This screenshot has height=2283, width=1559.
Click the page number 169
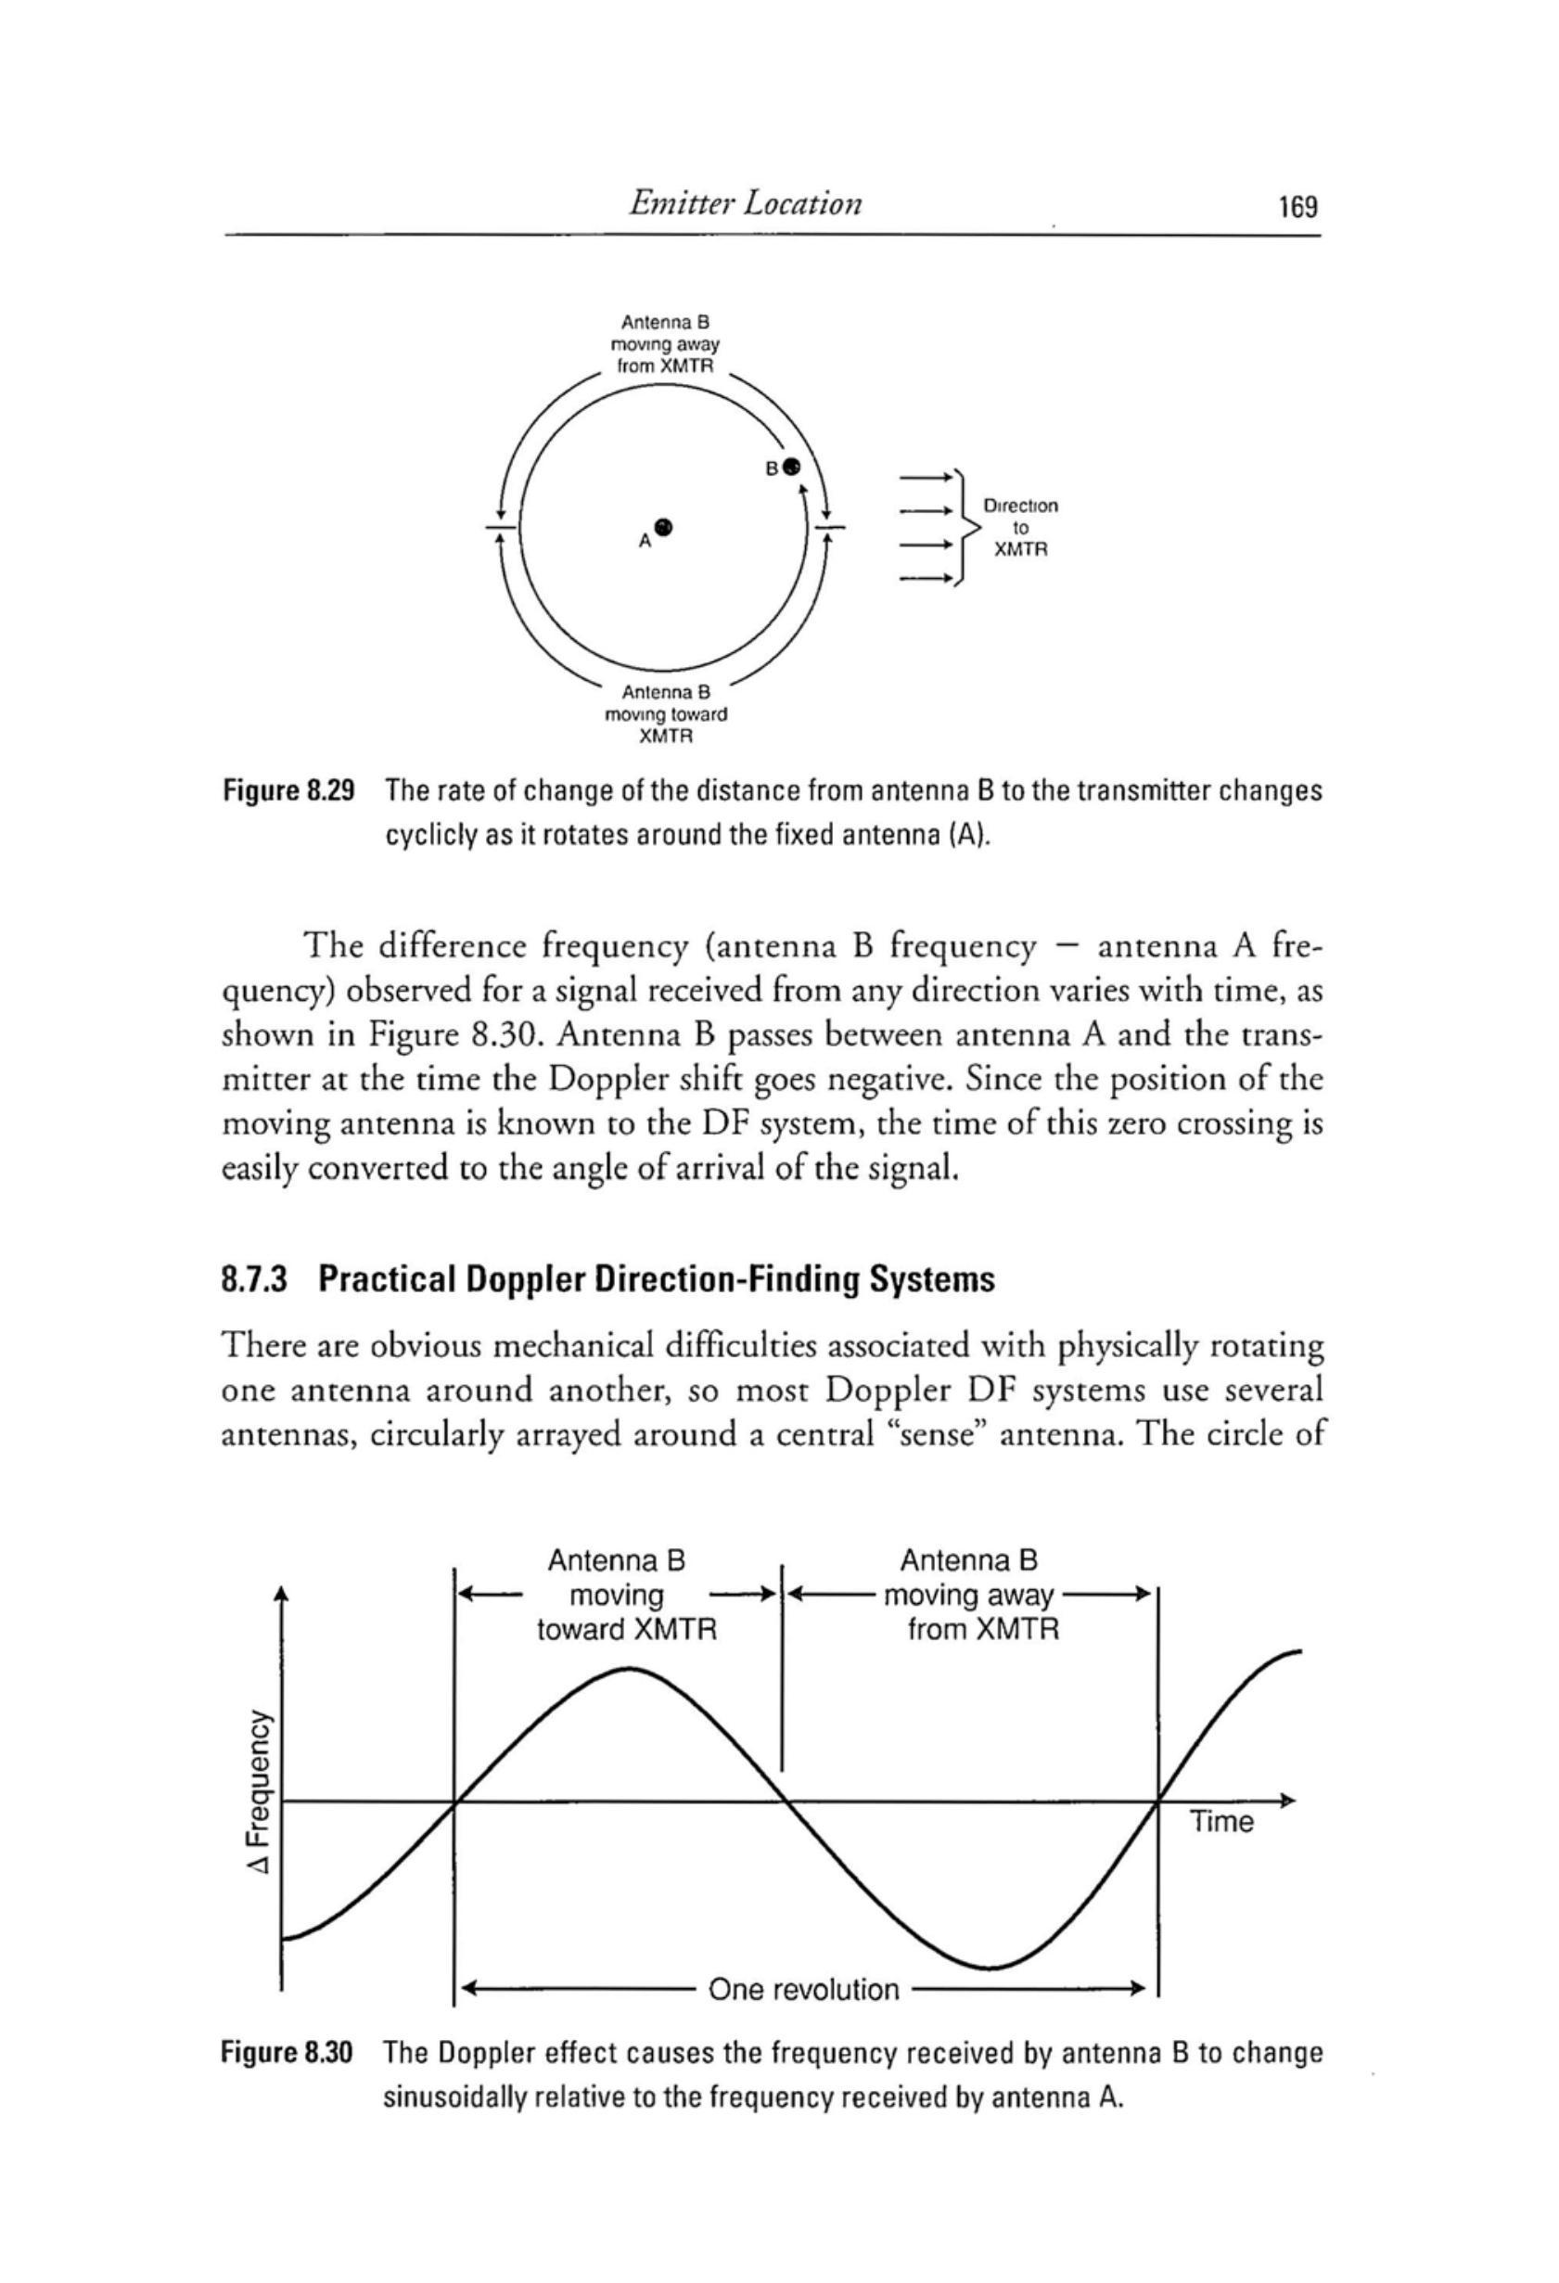(x=1297, y=207)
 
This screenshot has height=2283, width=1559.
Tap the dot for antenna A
(x=664, y=527)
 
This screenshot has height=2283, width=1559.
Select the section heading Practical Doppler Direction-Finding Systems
(x=608, y=1280)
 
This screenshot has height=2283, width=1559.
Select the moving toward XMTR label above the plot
(x=626, y=1595)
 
